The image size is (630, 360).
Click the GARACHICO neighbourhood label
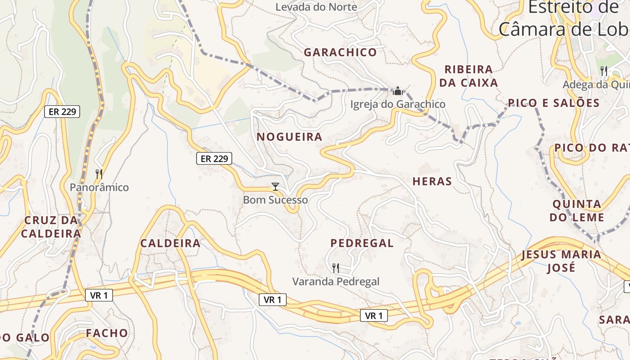pos(340,52)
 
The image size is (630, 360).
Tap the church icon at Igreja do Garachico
pos(398,91)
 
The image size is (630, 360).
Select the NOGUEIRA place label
pos(289,137)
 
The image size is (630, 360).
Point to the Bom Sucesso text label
pos(275,200)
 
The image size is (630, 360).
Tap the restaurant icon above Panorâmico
pos(99,174)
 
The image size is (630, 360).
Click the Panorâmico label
pos(99,187)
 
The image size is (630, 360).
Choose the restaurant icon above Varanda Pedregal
pos(335,268)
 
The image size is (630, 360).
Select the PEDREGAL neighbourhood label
pos(362,243)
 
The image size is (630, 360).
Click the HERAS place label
pos(432,181)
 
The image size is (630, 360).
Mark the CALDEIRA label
pos(170,243)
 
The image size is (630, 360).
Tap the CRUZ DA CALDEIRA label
pos(51,227)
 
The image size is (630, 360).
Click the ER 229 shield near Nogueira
pos(214,158)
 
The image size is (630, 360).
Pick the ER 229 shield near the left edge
pos(62,112)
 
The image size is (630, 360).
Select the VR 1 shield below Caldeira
pos(99,295)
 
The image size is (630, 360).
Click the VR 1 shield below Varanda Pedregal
pos(374,316)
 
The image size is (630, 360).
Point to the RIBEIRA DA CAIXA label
pos(471,76)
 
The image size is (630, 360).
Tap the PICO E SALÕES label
pos(554,103)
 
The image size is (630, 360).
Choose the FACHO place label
pos(107,333)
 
